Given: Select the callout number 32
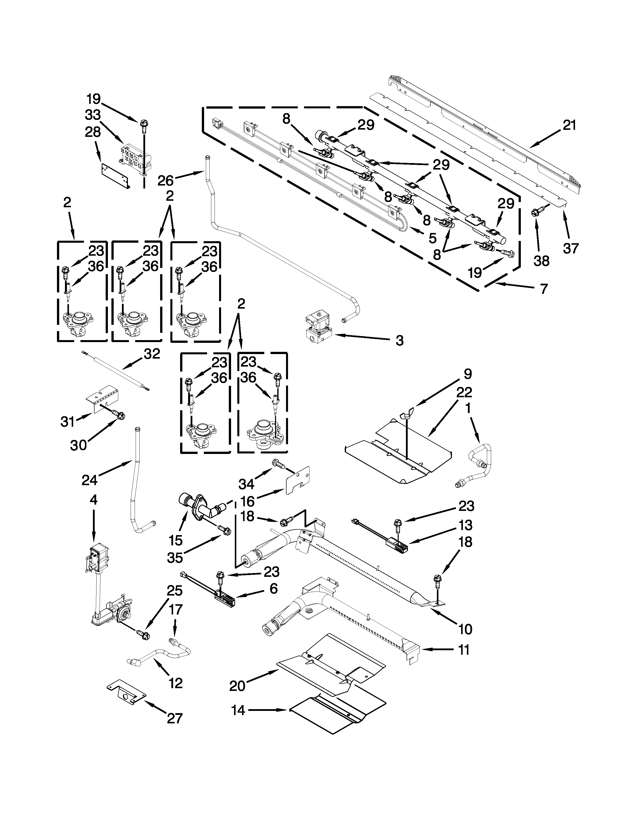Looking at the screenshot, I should [152, 354].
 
